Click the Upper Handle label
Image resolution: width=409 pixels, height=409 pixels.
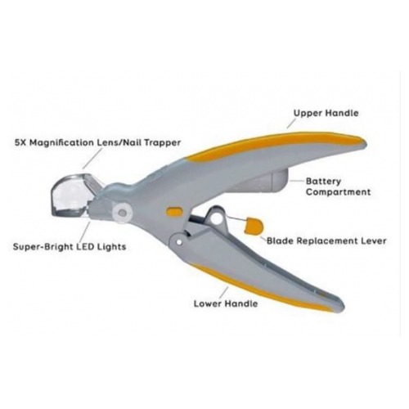coord(326,113)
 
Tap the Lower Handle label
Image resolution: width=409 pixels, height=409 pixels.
coord(226,303)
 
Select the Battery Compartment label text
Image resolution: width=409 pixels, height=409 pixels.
coord(338,187)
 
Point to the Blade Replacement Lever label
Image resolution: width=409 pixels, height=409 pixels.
coord(326,240)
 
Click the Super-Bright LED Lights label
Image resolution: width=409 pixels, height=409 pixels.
coord(70,247)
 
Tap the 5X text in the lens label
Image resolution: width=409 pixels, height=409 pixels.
coord(20,142)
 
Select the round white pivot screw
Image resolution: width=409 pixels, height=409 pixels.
coord(122,213)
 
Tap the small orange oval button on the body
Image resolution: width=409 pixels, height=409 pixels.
coord(174,212)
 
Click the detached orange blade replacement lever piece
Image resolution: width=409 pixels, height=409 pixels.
coord(254,226)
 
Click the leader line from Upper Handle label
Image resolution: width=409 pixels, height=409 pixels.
coord(291,124)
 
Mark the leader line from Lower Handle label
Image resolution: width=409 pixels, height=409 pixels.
coord(224,293)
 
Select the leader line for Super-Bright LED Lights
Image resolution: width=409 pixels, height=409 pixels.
coord(86,231)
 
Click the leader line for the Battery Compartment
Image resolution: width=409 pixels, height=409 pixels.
coord(297,180)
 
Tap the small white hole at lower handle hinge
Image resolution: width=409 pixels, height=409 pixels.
coord(179,242)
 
